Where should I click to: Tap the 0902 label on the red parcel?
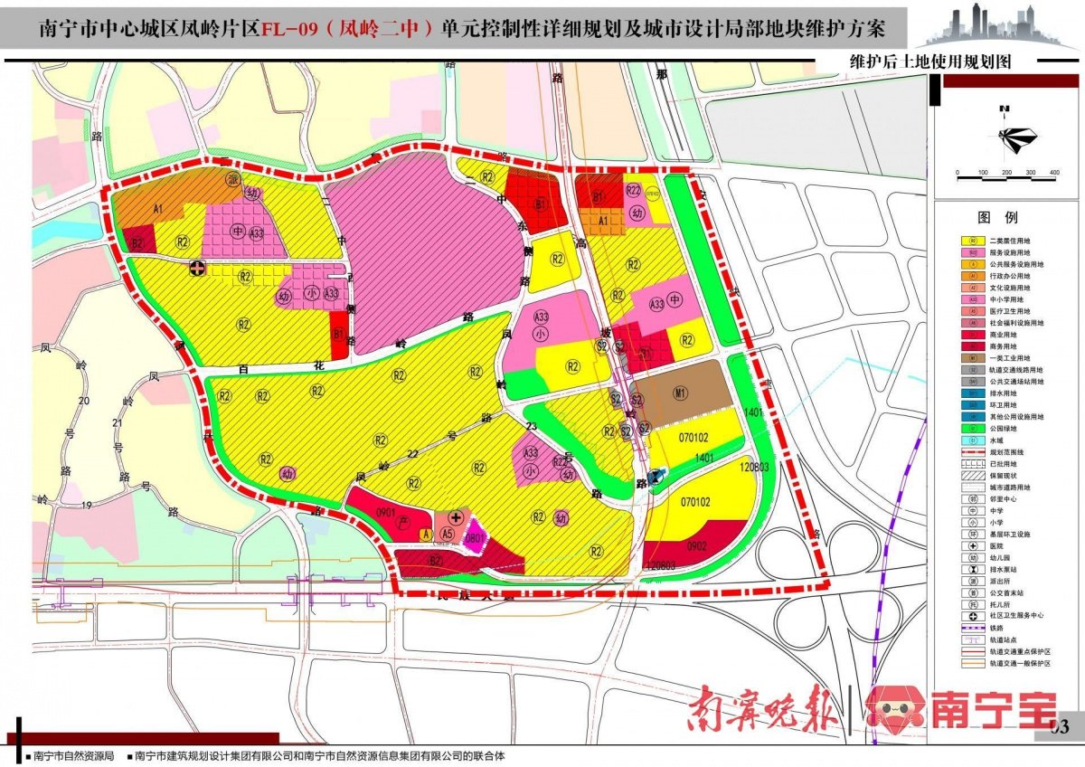[x=696, y=546]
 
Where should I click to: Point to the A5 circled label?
[x=447, y=535]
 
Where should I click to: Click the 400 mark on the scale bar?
[x=1053, y=173]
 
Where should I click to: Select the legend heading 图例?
[x=997, y=218]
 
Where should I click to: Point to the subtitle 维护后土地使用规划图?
[x=929, y=62]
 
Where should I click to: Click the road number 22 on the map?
[x=413, y=454]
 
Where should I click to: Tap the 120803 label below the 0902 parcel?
[x=661, y=564]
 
